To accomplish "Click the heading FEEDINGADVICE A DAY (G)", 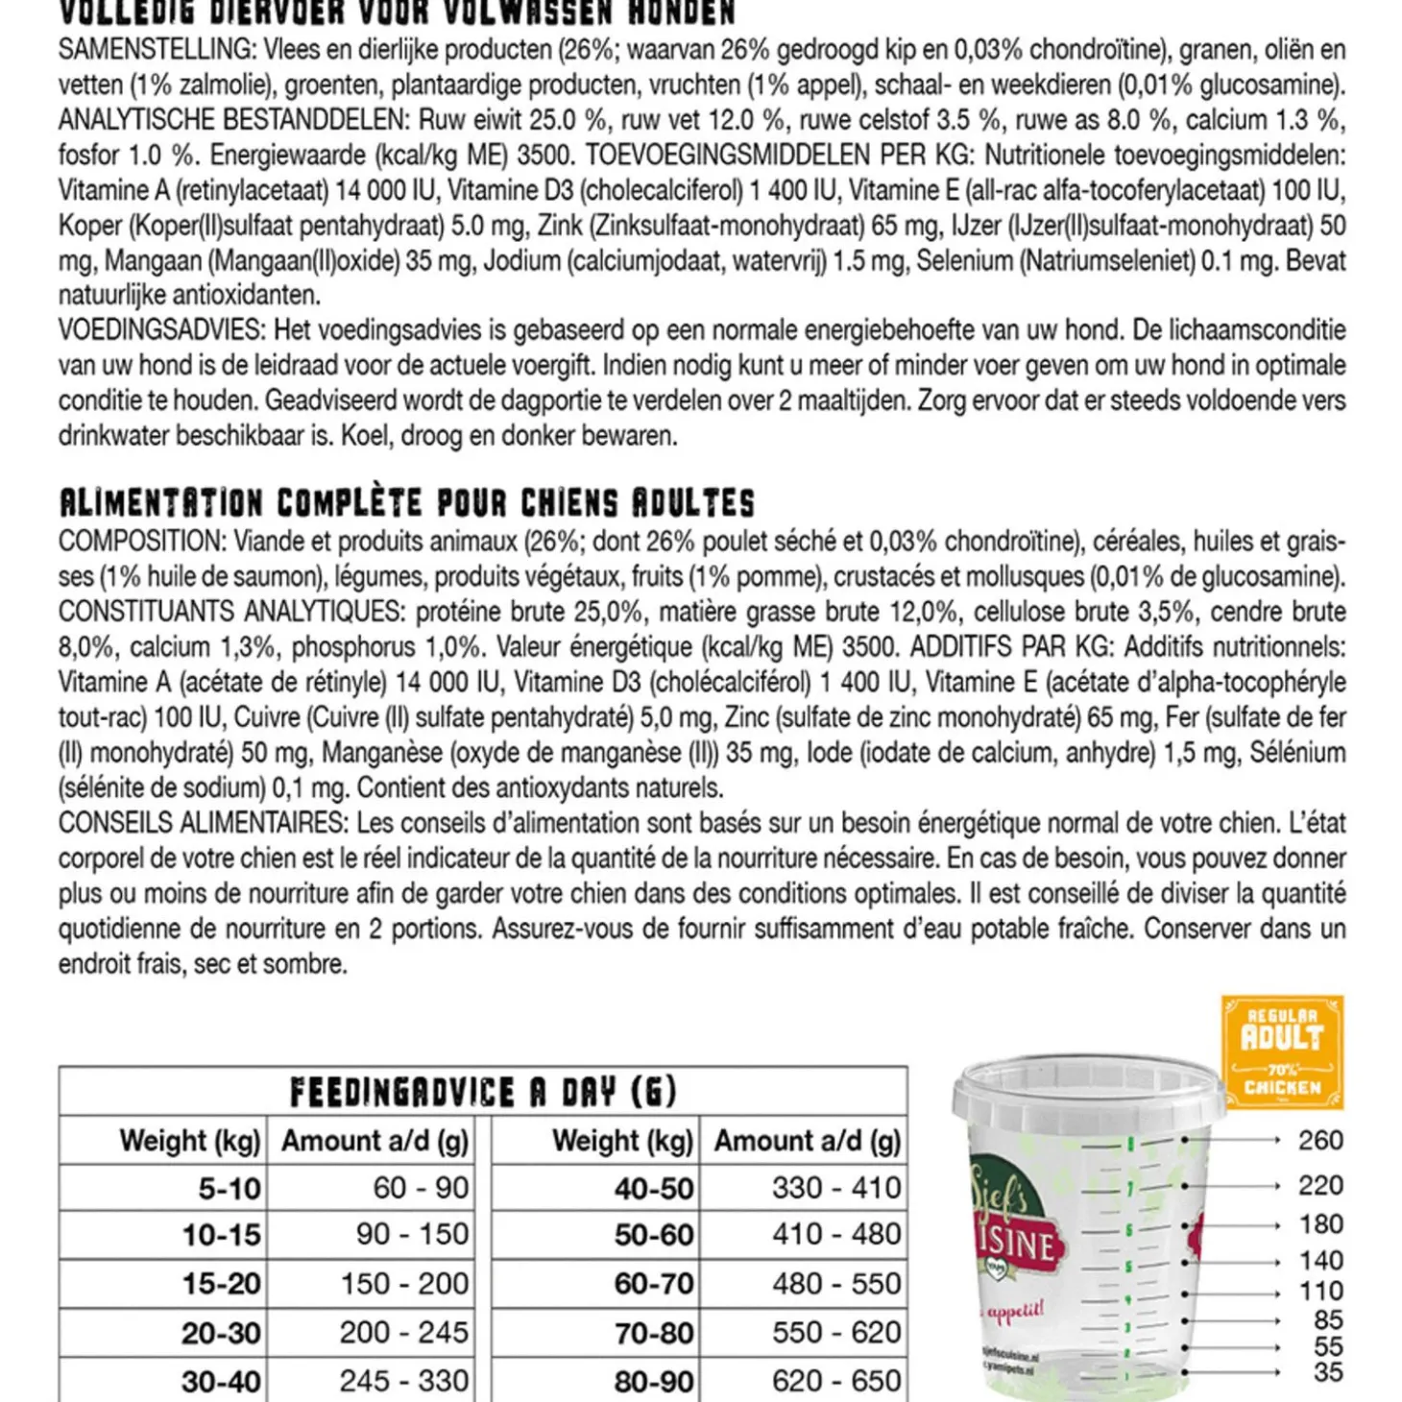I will pos(483,1092).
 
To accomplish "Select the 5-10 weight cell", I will pos(230,1189).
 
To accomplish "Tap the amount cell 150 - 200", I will pos(404,1284).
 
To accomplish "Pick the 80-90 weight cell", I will pos(654,1381).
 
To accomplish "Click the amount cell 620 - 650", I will pos(836,1381).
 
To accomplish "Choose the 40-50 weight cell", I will pos(654,1189).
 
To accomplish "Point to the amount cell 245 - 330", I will pos(404,1381).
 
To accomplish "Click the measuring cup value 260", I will pos(1320,1141).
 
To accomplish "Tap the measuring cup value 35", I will pos(1328,1372).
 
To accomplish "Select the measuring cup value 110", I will pos(1320,1292).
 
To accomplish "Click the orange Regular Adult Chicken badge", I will pos(1282,1052).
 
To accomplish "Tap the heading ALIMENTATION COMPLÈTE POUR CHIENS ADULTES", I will pos(406,502).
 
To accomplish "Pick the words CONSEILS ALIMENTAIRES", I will pos(201,823).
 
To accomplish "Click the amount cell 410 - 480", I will pos(836,1234).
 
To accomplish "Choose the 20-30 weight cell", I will pos(221,1333).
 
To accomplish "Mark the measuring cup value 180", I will pos(1320,1224).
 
